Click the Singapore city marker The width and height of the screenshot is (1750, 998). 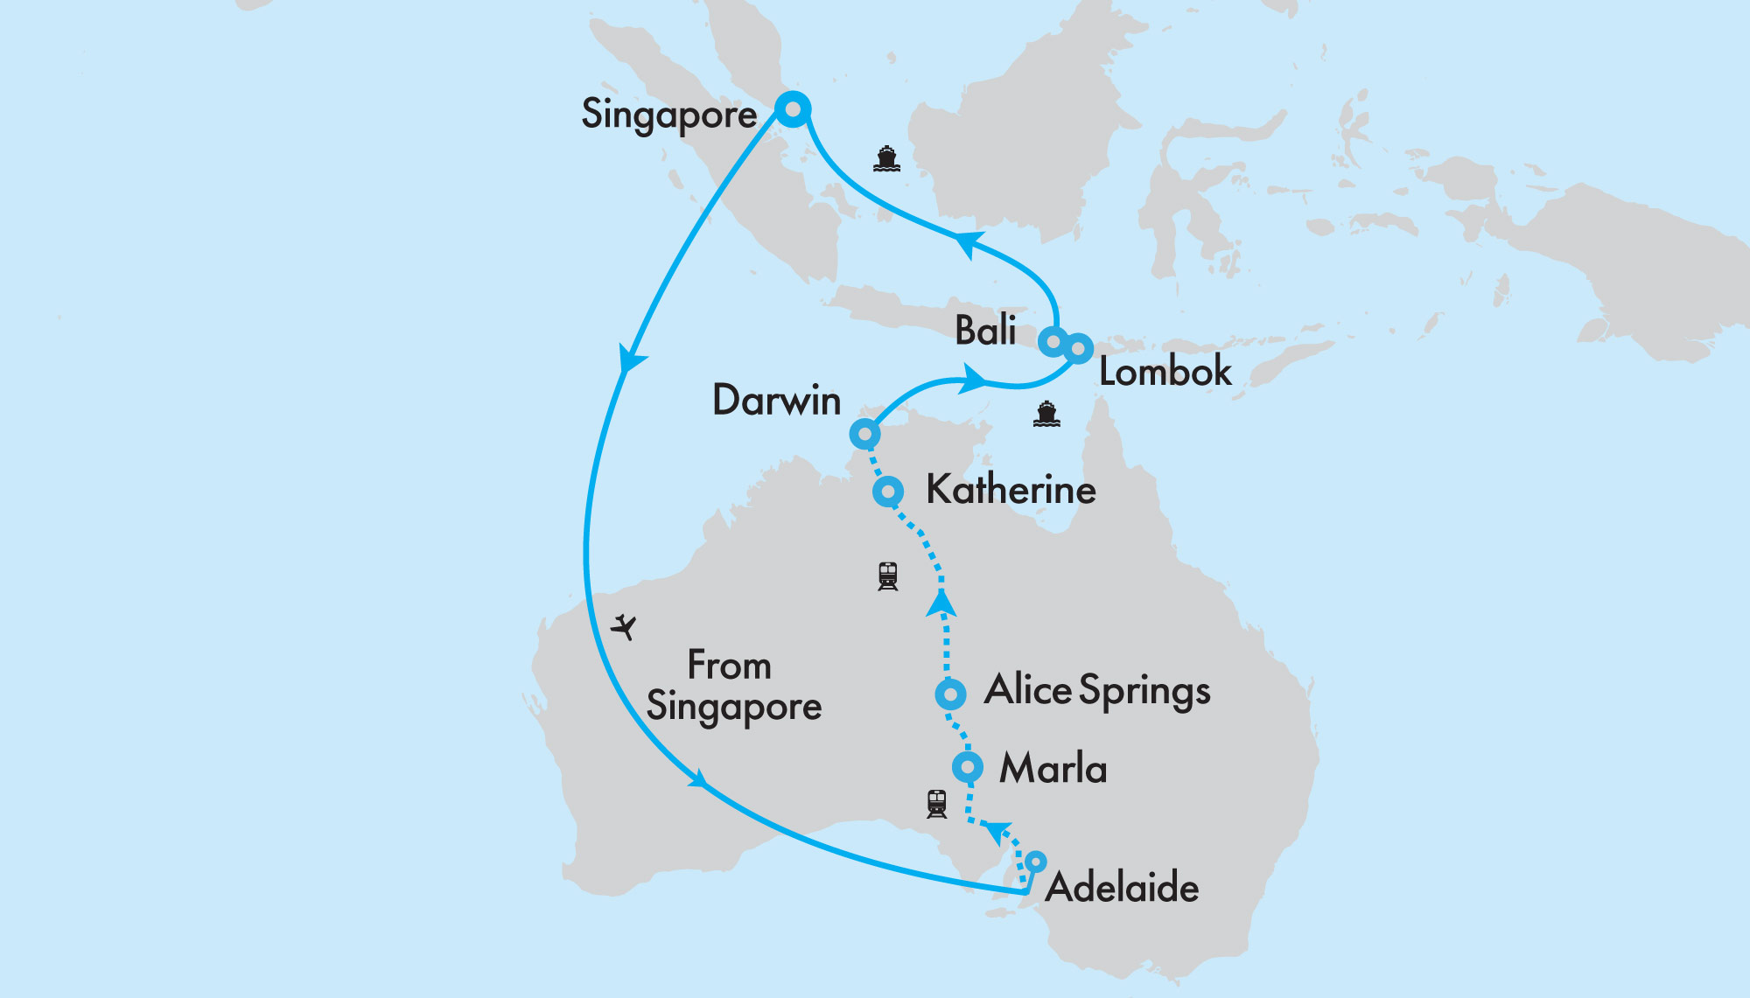pyautogui.click(x=793, y=109)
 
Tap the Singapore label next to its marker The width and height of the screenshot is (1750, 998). pyautogui.click(x=668, y=115)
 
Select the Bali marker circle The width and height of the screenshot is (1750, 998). pyautogui.click(x=1054, y=340)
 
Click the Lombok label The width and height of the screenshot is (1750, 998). pyautogui.click(x=1165, y=372)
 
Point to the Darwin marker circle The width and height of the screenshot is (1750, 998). pyautogui.click(x=864, y=434)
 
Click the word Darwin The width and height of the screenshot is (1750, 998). pyautogui.click(x=776, y=401)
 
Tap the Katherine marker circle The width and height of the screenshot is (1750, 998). pyautogui.click(x=888, y=491)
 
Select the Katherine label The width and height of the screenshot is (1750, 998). pyautogui.click(x=1011, y=489)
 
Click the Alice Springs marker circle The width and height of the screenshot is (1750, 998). pyautogui.click(x=950, y=694)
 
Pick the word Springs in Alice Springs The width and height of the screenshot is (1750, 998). pyautogui.click(x=1144, y=693)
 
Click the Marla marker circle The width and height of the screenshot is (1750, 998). pyautogui.click(x=967, y=767)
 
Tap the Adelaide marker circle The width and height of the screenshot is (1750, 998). pyautogui.click(x=1035, y=862)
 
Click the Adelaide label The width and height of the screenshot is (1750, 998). pyautogui.click(x=1122, y=888)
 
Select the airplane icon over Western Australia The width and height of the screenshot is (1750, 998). pyautogui.click(x=624, y=626)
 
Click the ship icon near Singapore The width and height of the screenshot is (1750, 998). pyautogui.click(x=886, y=158)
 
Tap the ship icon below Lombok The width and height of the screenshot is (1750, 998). pyautogui.click(x=1046, y=414)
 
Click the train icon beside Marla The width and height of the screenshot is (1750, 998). pyautogui.click(x=936, y=803)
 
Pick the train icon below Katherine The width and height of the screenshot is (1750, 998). pyautogui.click(x=887, y=576)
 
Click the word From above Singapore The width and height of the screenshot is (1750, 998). pyautogui.click(x=729, y=666)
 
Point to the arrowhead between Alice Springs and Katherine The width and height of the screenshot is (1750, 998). pyautogui.click(x=941, y=603)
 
